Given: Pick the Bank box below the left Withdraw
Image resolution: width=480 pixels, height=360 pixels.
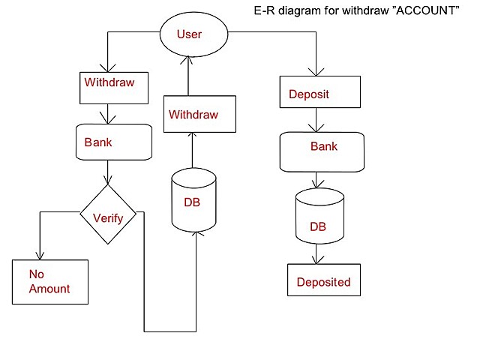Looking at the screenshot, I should (x=115, y=141).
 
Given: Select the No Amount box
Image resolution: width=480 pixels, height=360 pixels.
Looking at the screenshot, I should (x=49, y=281).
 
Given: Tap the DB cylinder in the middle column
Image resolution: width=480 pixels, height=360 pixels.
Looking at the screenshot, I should (x=193, y=200).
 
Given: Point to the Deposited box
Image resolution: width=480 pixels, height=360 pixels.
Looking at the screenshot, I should (x=324, y=281).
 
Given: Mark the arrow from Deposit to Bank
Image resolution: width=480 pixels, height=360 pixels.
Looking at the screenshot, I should (x=320, y=120).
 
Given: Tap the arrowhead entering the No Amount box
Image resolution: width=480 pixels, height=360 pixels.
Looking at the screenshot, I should (x=39, y=255).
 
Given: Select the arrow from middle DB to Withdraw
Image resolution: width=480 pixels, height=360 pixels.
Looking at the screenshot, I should (x=193, y=150).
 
